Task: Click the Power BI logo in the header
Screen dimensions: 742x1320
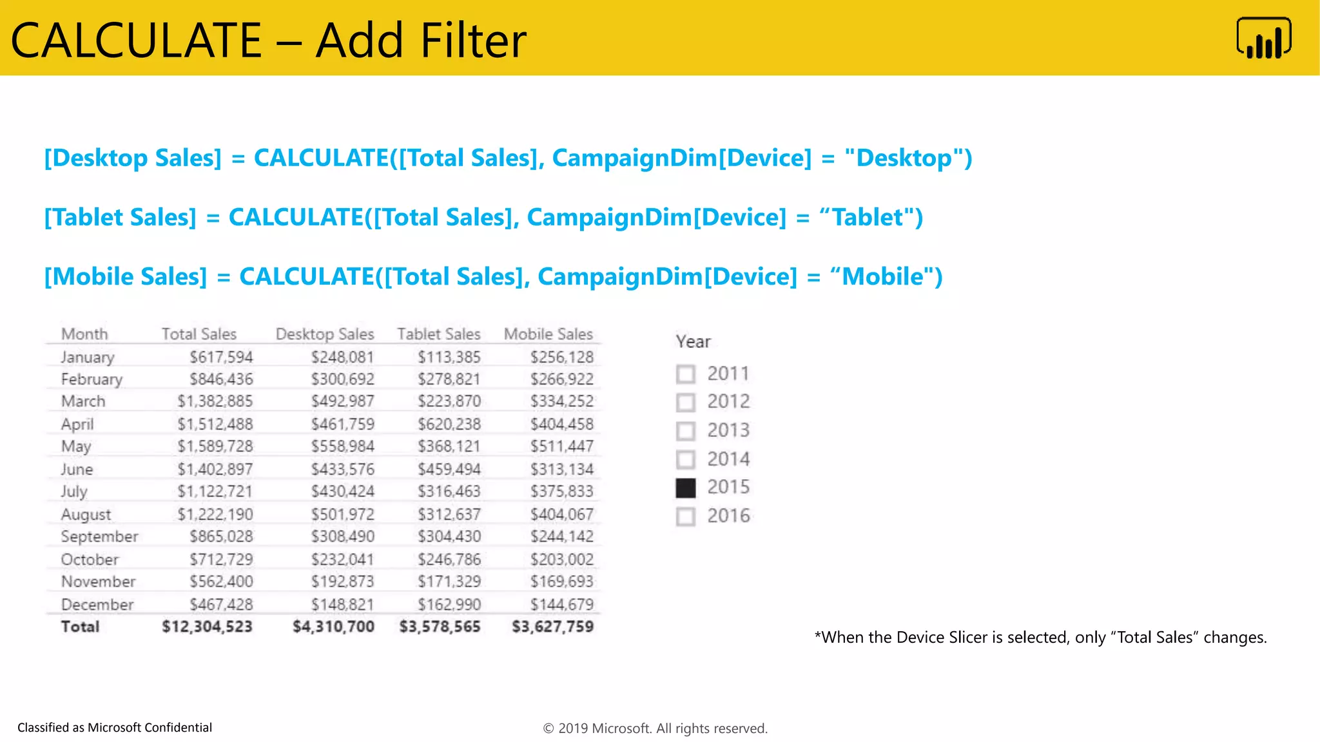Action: click(1263, 39)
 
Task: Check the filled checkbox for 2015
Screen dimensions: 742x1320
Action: click(686, 488)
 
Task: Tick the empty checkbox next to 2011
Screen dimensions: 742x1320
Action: click(686, 374)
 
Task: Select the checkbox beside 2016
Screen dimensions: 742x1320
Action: click(686, 517)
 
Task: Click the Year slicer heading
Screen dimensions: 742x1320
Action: click(693, 341)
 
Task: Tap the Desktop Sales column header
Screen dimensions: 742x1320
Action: click(325, 334)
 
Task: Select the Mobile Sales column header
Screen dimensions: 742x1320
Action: click(548, 334)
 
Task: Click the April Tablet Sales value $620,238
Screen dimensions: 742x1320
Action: click(449, 424)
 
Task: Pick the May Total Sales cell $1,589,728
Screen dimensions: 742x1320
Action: click(215, 446)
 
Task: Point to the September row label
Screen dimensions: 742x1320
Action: click(99, 537)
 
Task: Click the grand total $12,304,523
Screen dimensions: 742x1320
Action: click(207, 627)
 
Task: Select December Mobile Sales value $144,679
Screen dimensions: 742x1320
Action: click(561, 605)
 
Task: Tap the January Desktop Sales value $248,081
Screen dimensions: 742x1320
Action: click(342, 357)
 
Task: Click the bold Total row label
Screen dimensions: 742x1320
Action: click(80, 627)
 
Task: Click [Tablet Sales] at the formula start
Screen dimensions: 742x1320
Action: click(120, 218)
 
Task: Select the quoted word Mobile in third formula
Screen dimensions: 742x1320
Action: click(882, 277)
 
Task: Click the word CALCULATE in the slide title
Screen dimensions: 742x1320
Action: click(136, 41)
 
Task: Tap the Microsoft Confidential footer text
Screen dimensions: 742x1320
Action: click(115, 727)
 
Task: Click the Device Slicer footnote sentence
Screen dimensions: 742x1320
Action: click(1040, 638)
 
